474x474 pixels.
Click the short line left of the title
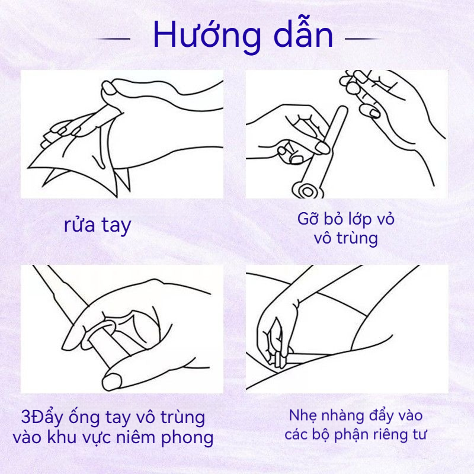113,39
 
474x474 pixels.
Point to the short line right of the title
362,39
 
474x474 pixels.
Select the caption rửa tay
97,226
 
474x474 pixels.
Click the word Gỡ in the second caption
308,218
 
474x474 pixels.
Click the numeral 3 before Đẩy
25,417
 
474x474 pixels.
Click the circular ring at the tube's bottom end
307,190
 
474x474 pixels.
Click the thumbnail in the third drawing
111,382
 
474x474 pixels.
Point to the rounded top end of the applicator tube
342,110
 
